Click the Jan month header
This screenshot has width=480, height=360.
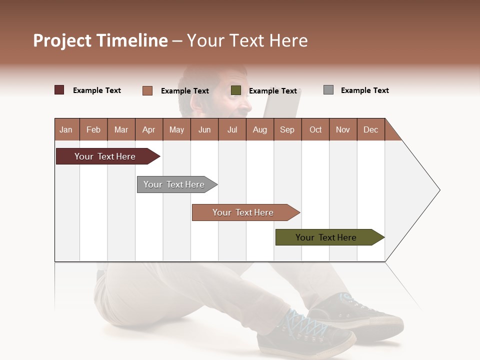[x=66, y=129]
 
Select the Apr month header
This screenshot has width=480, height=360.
[x=148, y=129]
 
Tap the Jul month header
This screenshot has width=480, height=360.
[x=232, y=129]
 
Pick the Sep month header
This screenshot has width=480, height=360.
[x=287, y=129]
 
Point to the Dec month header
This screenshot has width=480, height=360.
[x=370, y=129]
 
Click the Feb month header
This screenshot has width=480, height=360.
[x=93, y=129]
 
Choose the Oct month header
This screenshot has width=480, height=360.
[x=315, y=129]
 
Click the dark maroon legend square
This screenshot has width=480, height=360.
[x=59, y=90]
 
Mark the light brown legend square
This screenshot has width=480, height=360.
[x=147, y=90]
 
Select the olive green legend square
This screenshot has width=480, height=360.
[x=236, y=90]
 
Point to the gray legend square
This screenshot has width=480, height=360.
[x=328, y=90]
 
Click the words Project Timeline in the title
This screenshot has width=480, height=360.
[x=100, y=40]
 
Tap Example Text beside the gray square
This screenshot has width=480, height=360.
[x=364, y=90]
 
